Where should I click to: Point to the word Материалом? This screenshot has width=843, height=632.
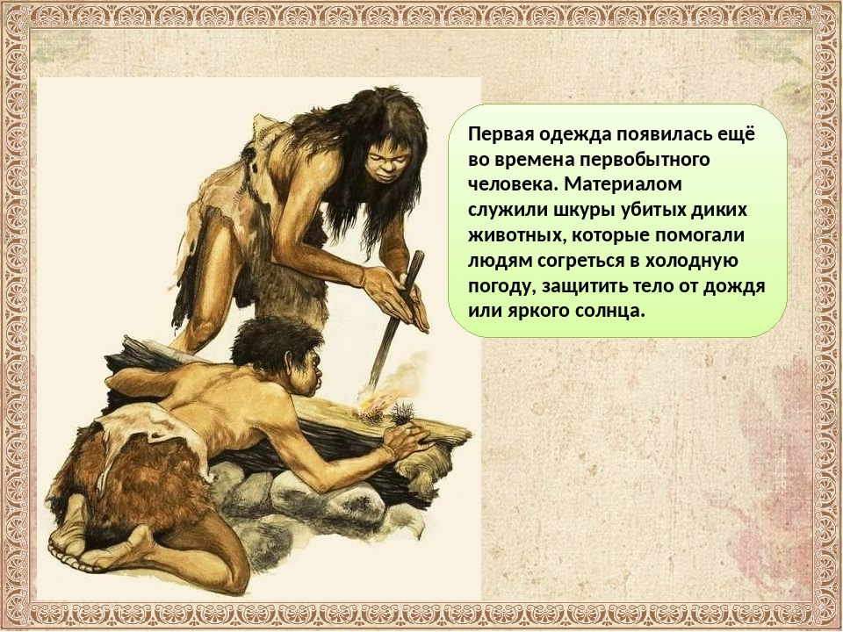pos(623,184)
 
